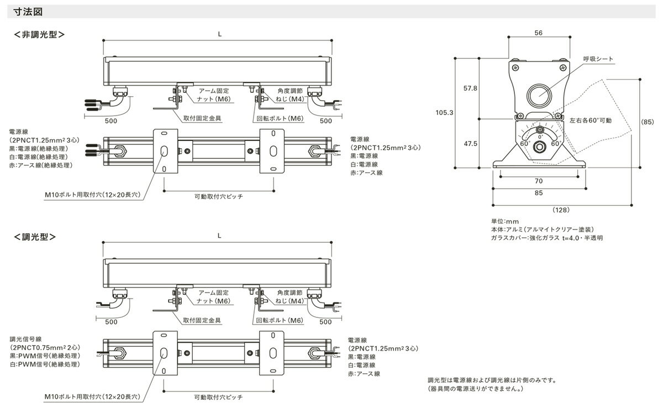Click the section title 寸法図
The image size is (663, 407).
click(x=25, y=11)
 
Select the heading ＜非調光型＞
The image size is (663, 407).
click(x=39, y=34)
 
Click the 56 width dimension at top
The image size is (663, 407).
click(x=539, y=33)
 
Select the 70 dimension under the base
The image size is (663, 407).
click(x=539, y=181)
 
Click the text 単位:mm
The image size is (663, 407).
click(x=502, y=221)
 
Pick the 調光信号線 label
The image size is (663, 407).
click(x=27, y=339)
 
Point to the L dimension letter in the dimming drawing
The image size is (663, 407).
click(x=219, y=235)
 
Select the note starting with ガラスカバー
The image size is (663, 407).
click(x=546, y=237)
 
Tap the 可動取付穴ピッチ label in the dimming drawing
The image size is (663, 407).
click(x=219, y=397)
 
